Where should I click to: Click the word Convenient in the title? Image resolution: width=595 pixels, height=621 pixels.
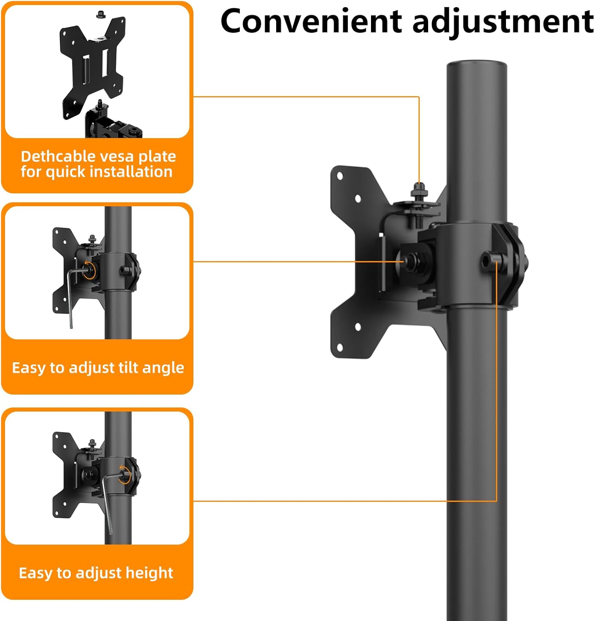pos(311,22)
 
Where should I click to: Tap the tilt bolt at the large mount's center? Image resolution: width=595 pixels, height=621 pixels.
pos(410,261)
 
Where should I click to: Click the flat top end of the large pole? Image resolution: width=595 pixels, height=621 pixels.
pos(477,65)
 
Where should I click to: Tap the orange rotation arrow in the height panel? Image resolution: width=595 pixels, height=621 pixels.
pos(125,474)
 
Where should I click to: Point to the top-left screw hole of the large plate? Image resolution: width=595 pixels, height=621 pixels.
pos(340,176)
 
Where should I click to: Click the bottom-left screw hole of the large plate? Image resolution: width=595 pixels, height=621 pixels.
pos(340,347)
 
